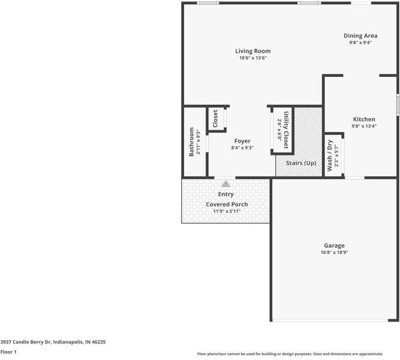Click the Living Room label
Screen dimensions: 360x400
(252, 51)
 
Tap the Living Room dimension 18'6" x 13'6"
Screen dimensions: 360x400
(252, 58)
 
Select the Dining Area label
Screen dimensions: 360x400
(360, 35)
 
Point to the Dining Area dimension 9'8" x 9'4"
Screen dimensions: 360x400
(360, 43)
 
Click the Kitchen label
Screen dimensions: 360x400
(363, 119)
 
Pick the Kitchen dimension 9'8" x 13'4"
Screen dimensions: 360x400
(363, 127)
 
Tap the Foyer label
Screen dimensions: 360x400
(242, 141)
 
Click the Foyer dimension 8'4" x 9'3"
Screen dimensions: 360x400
(242, 148)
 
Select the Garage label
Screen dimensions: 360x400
(334, 245)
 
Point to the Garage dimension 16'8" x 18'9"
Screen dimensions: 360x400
(334, 253)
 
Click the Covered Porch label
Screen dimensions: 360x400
(227, 205)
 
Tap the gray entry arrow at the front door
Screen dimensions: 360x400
(225, 184)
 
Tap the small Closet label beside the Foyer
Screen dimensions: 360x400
(215, 118)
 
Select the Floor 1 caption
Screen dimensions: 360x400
(8, 352)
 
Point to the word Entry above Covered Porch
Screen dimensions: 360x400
(226, 194)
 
